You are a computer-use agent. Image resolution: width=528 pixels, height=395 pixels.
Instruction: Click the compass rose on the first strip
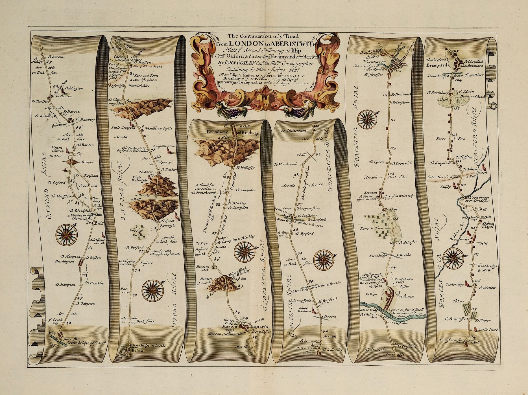pos(67,234)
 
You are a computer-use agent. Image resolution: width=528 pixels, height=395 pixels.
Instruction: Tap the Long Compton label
pos(164,146)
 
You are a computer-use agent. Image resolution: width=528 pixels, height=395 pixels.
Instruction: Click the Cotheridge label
pos(454,284)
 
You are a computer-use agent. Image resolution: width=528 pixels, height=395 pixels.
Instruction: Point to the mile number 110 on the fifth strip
pos(393,120)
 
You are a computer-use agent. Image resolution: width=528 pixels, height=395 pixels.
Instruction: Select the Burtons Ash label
pos(203,268)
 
